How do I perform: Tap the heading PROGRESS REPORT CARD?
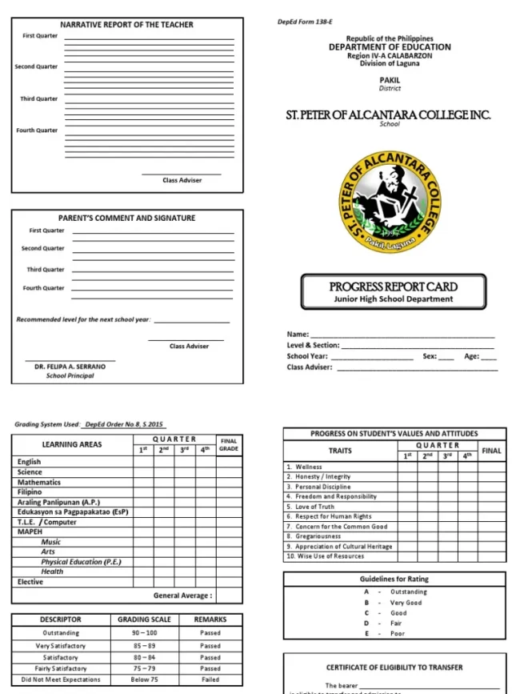(x=393, y=287)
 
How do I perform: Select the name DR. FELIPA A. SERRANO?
(x=70, y=367)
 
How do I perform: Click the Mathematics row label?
(x=39, y=483)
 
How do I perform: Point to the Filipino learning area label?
(x=30, y=492)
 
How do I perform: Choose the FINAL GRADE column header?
(x=229, y=444)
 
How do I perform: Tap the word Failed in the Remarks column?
(x=210, y=680)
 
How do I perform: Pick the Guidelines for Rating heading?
(x=394, y=579)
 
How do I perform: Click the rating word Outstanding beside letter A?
(x=409, y=592)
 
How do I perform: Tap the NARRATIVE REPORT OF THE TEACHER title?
(x=126, y=25)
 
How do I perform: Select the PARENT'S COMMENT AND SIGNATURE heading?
(x=126, y=218)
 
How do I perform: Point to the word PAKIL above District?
(x=390, y=80)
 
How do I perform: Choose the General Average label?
(x=183, y=596)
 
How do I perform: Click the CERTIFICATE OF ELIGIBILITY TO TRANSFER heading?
(x=394, y=667)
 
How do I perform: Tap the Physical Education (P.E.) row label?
(x=82, y=562)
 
